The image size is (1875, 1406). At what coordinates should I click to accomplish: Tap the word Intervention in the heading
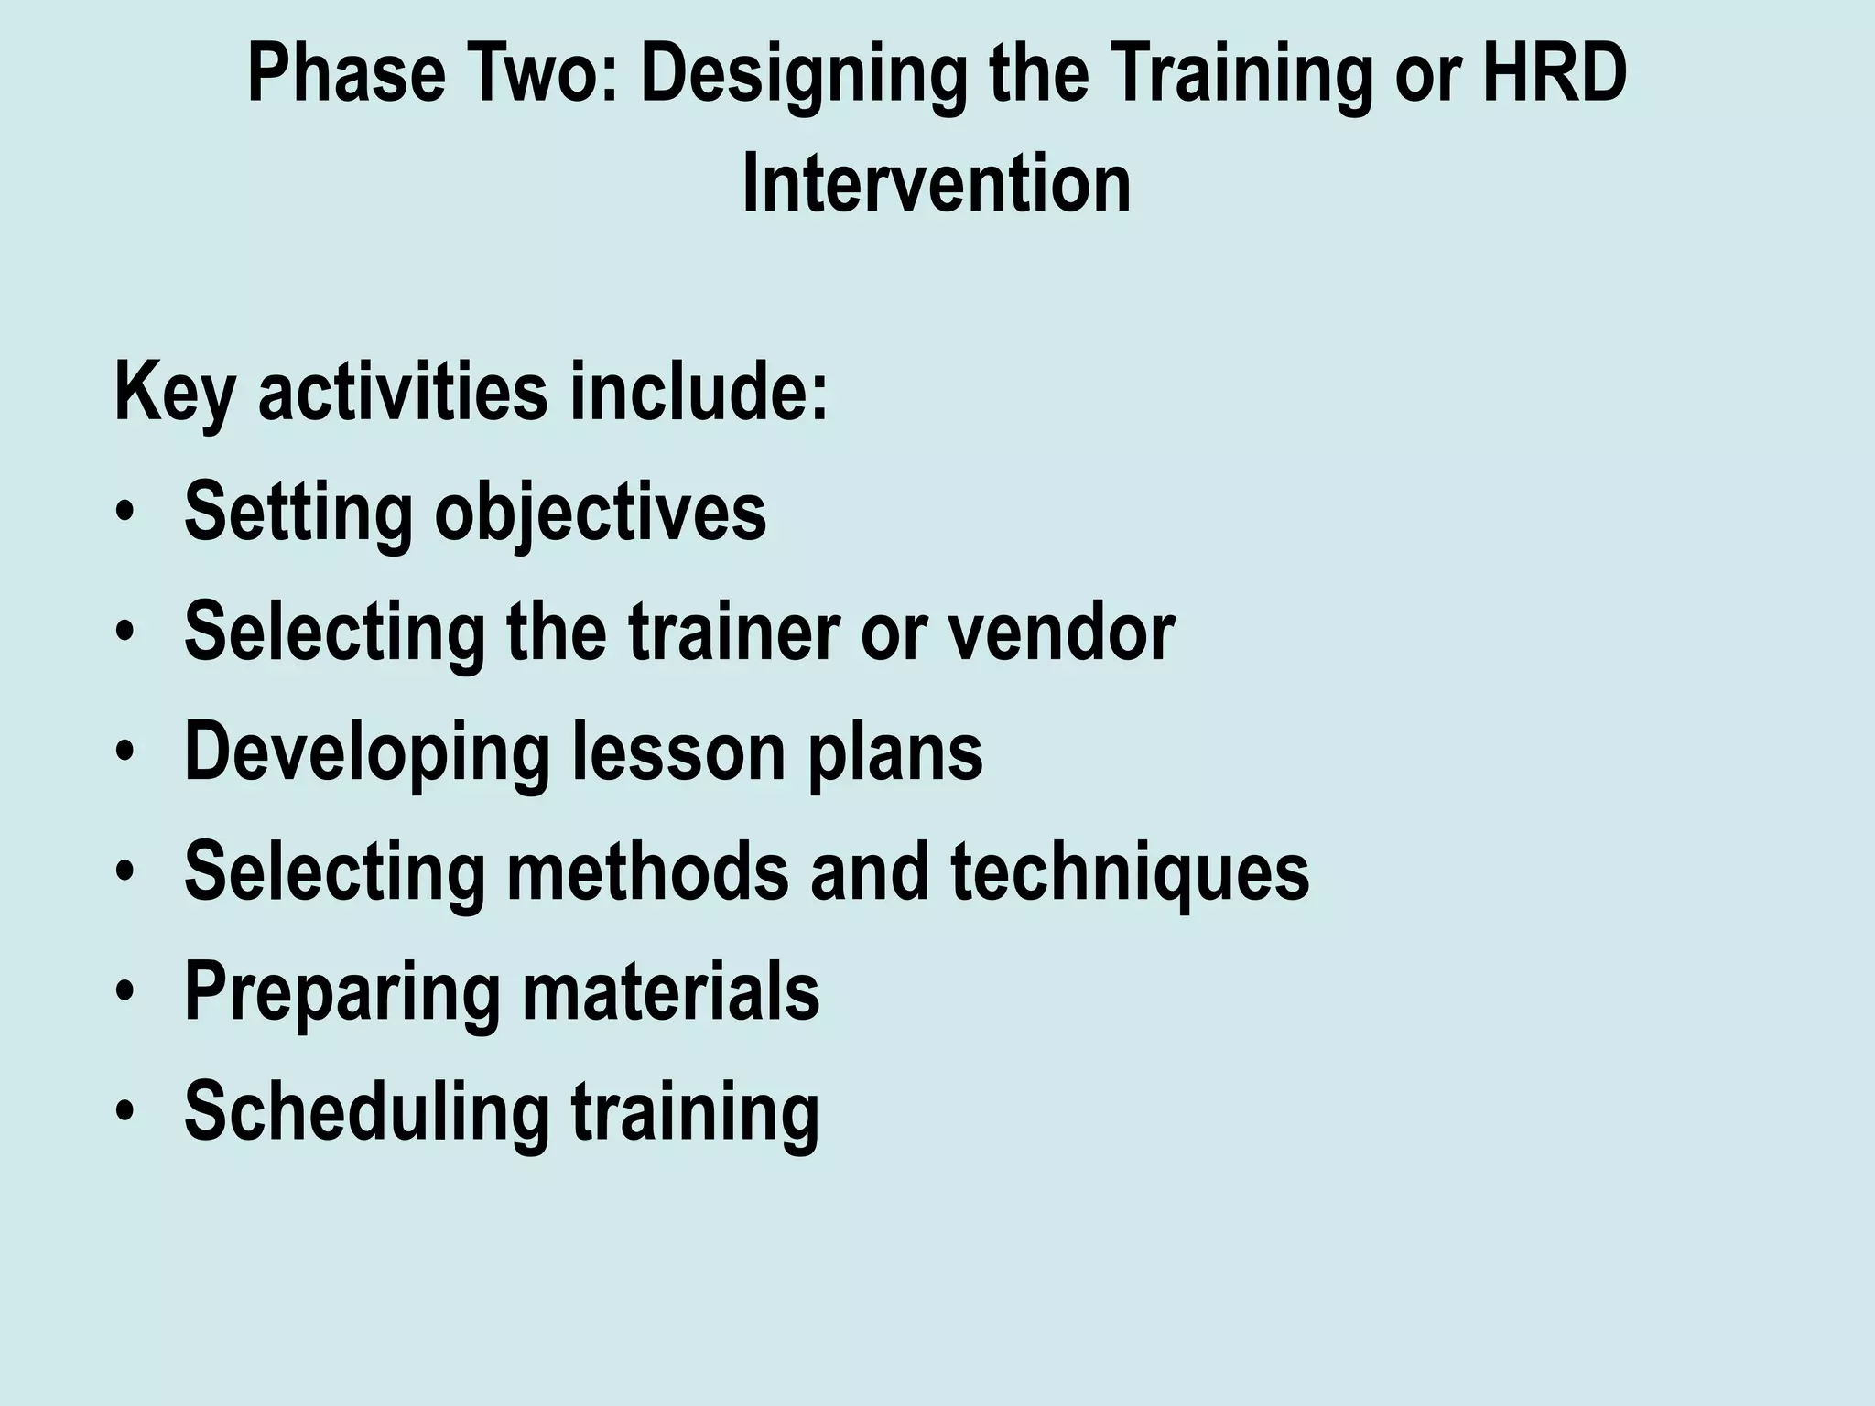click(x=936, y=184)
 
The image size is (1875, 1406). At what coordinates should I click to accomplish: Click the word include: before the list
click(x=699, y=392)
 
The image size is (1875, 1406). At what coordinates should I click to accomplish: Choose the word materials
click(x=670, y=992)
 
